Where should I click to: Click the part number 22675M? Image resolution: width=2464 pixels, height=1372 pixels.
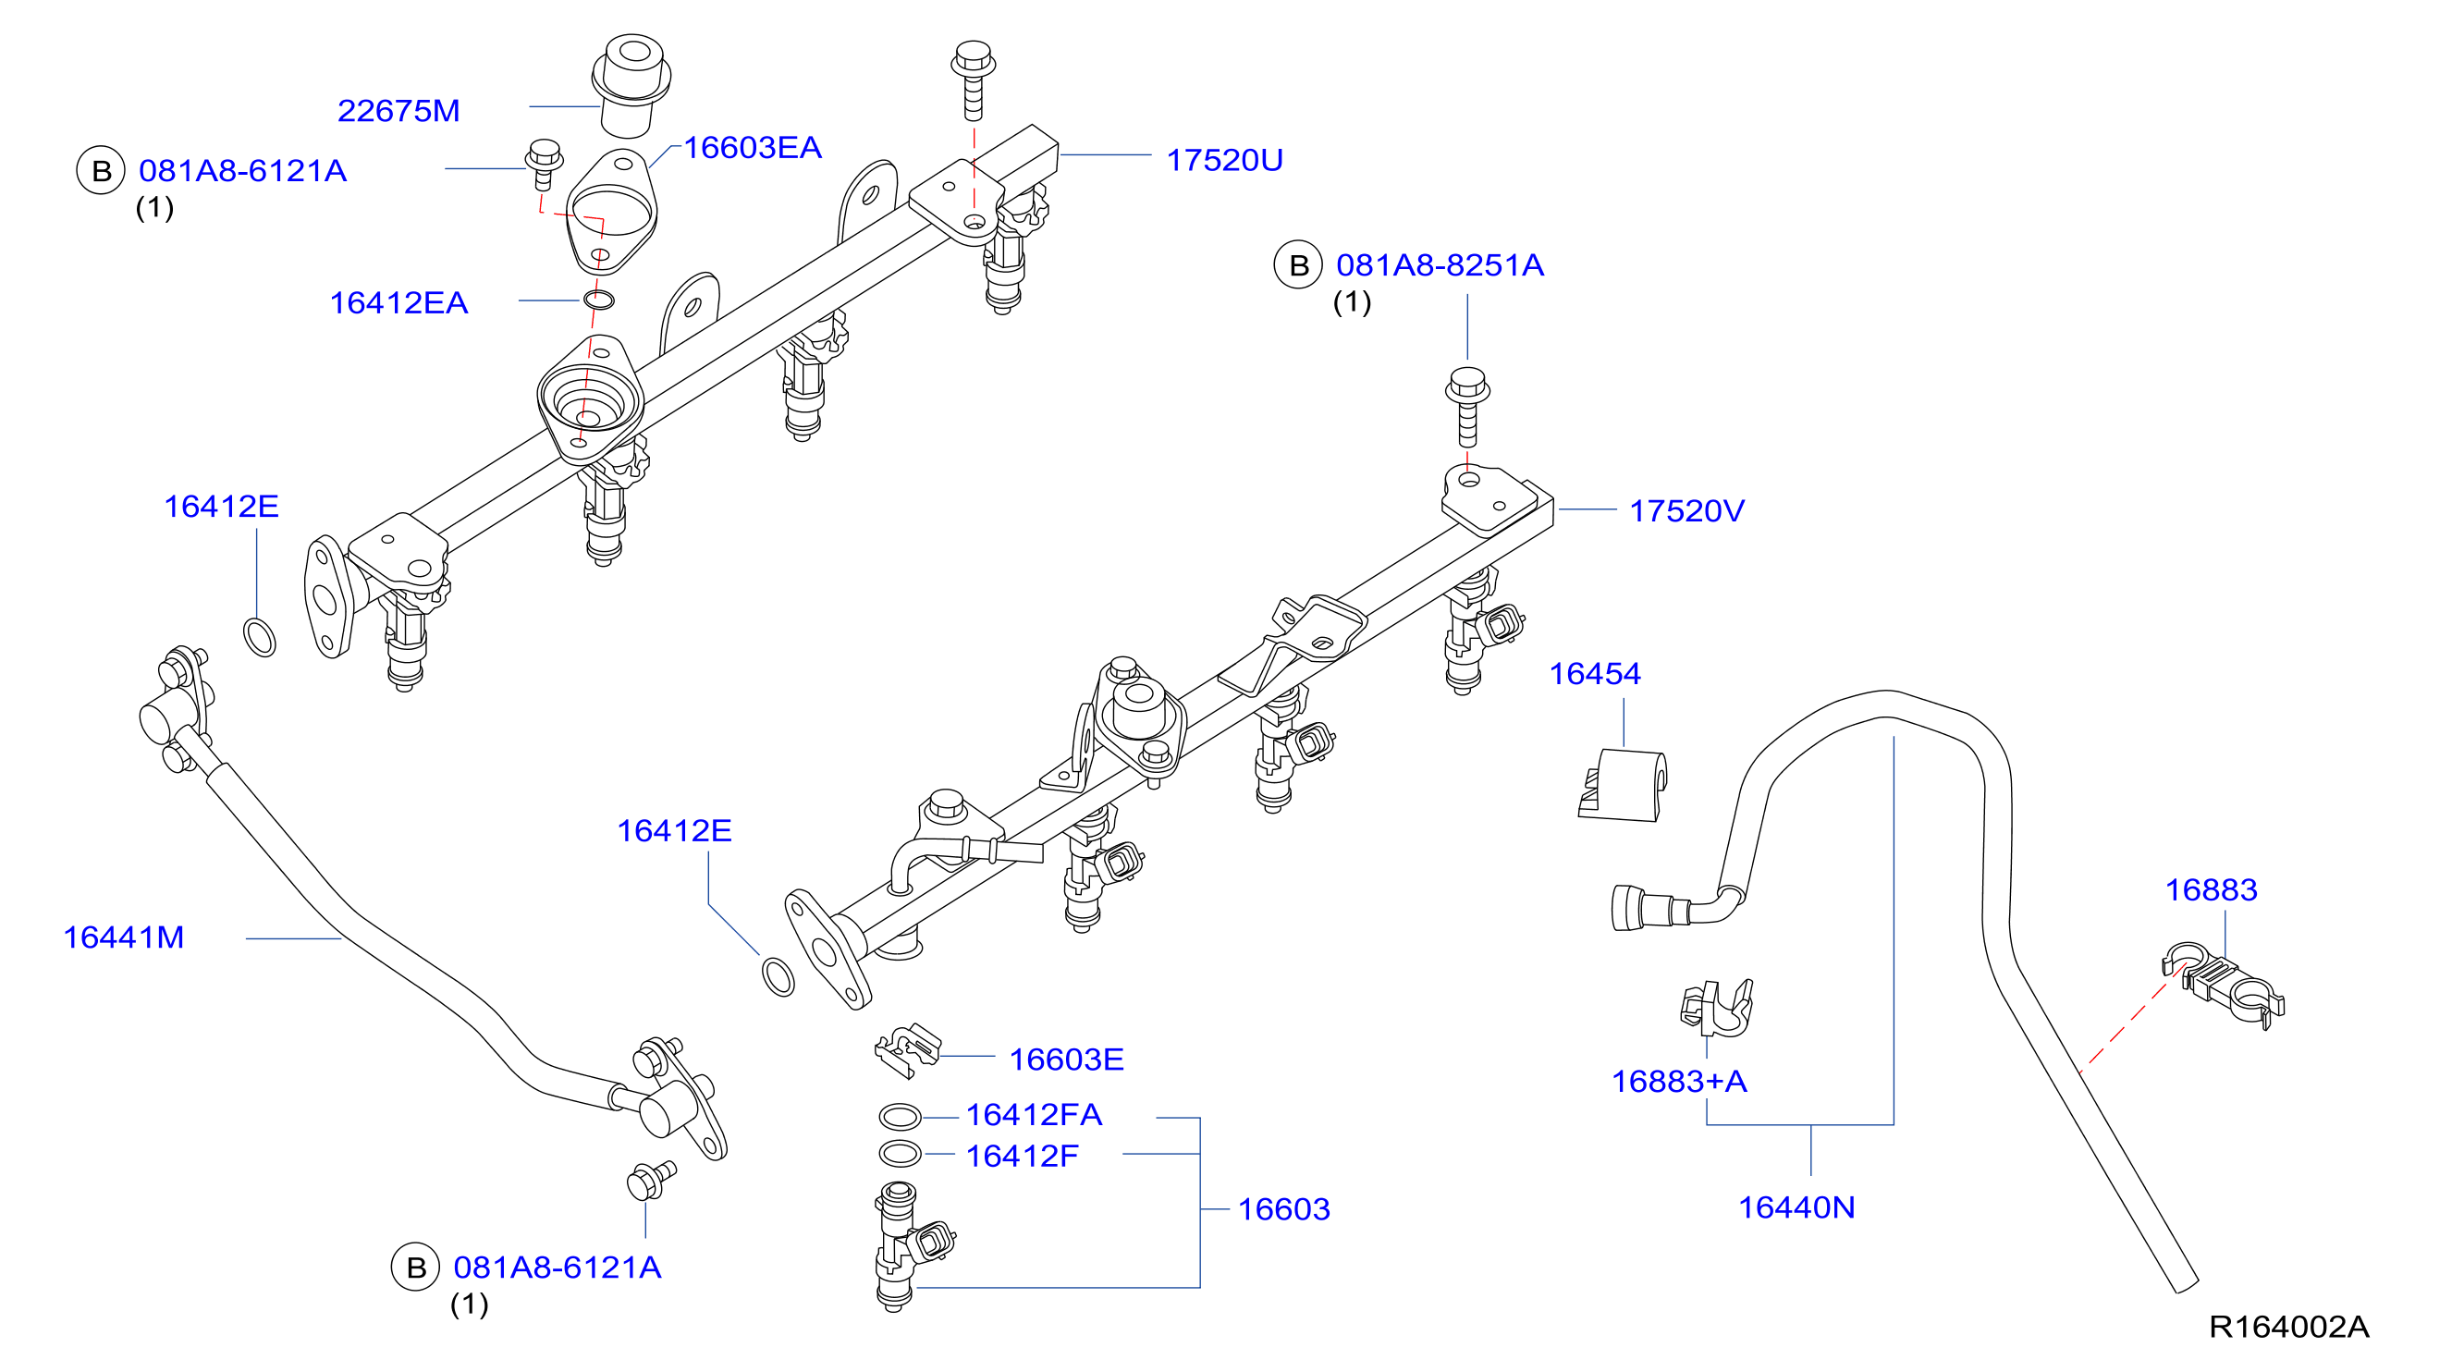click(398, 111)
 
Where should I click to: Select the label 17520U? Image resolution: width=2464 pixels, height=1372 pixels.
click(1224, 160)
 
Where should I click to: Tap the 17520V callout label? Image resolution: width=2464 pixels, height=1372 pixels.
click(1686, 511)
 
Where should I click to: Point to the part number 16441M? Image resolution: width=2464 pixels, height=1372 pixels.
click(123, 937)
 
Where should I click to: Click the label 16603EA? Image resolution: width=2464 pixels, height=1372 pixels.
click(753, 147)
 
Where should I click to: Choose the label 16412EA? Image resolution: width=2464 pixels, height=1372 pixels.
click(398, 302)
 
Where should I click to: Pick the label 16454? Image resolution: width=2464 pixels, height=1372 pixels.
click(1595, 674)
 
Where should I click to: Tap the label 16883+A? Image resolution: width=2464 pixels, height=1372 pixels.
click(1680, 1081)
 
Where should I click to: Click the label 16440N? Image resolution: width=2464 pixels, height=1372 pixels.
click(1796, 1207)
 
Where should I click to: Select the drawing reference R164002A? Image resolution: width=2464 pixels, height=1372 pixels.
click(2289, 1326)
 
